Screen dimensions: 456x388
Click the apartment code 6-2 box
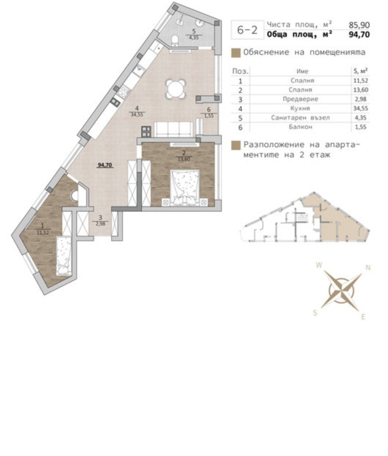247,30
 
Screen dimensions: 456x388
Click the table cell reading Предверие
301,99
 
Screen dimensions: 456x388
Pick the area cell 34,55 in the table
359,109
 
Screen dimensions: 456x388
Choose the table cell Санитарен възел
301,118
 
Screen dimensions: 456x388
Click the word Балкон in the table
301,127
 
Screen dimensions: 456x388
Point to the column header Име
302,71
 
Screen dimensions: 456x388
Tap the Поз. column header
241,71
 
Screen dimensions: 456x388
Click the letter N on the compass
368,267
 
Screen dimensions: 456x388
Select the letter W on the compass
319,265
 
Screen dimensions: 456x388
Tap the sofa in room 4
173,129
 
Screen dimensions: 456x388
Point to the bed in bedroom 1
64,256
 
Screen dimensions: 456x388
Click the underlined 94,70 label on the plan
105,165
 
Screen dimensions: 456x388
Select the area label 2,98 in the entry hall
100,223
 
